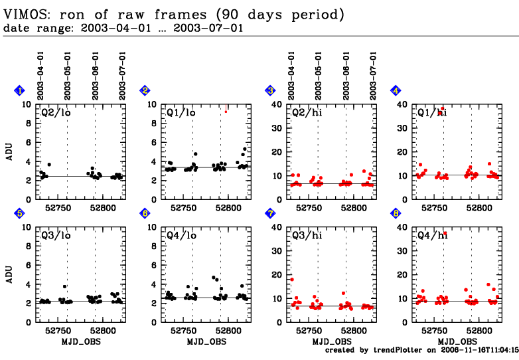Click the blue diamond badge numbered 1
[20, 91]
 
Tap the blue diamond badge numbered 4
[396, 91]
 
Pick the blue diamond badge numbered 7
[270, 213]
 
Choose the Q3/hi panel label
[305, 235]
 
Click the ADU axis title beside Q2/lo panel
[9, 151]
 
